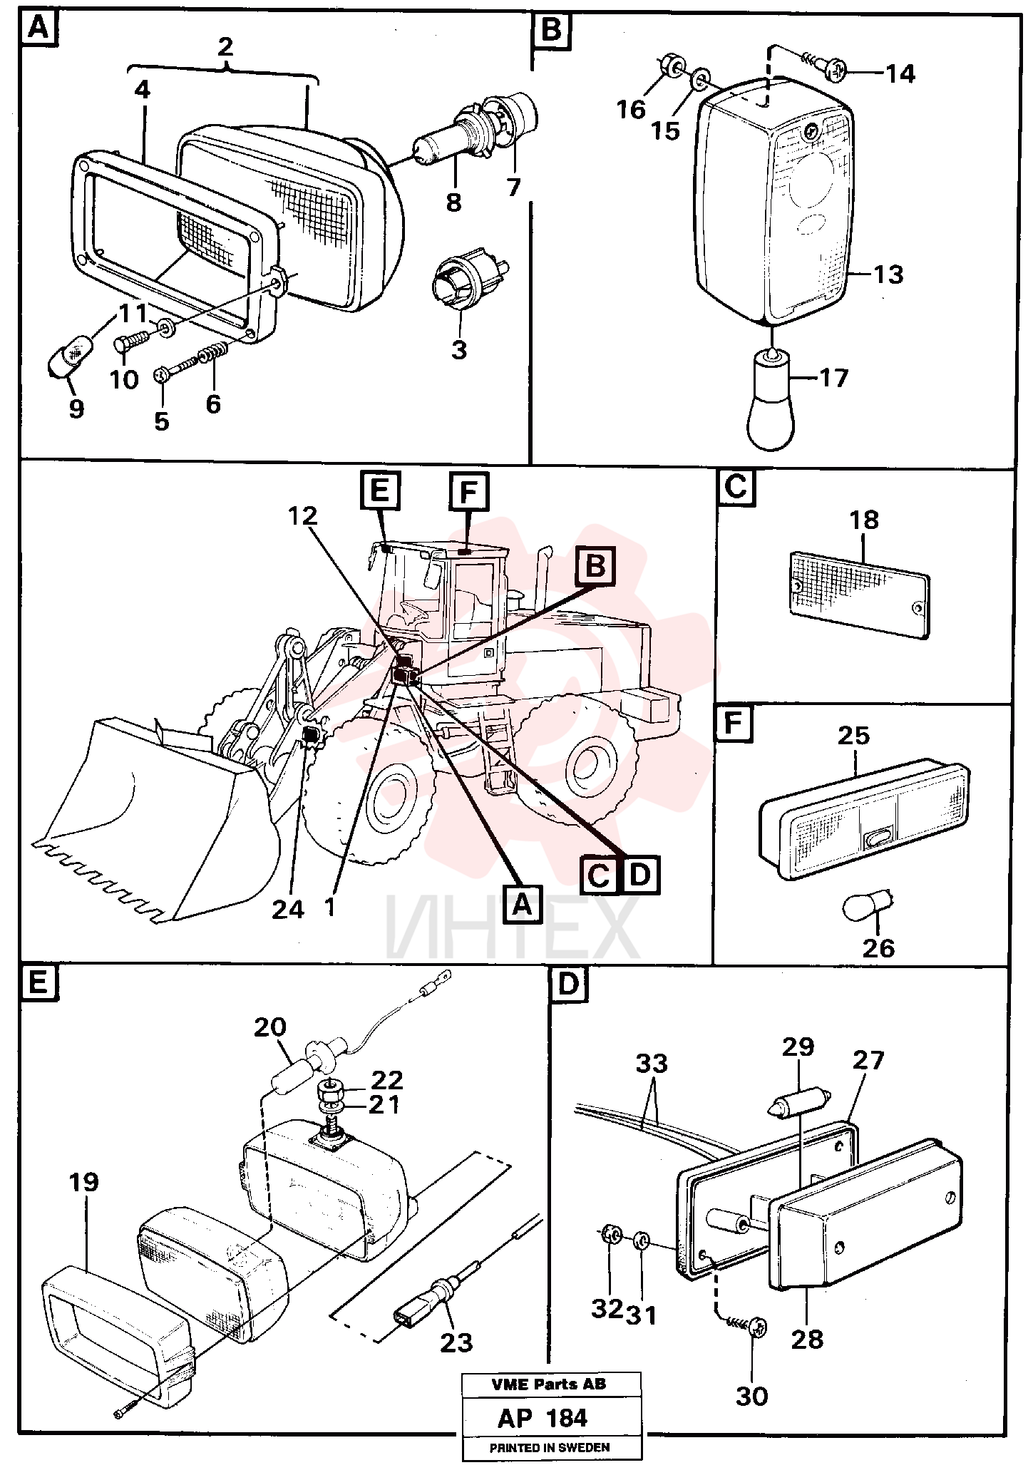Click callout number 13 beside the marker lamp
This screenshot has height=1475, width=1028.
point(888,274)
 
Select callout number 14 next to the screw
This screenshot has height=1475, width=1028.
point(900,73)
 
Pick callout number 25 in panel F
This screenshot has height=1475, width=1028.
point(854,734)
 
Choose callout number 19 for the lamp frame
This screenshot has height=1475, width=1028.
point(83,1182)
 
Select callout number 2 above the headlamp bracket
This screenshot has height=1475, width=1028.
point(225,47)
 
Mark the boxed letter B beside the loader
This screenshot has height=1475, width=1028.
point(595,566)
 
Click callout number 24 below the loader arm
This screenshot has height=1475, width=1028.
point(288,909)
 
